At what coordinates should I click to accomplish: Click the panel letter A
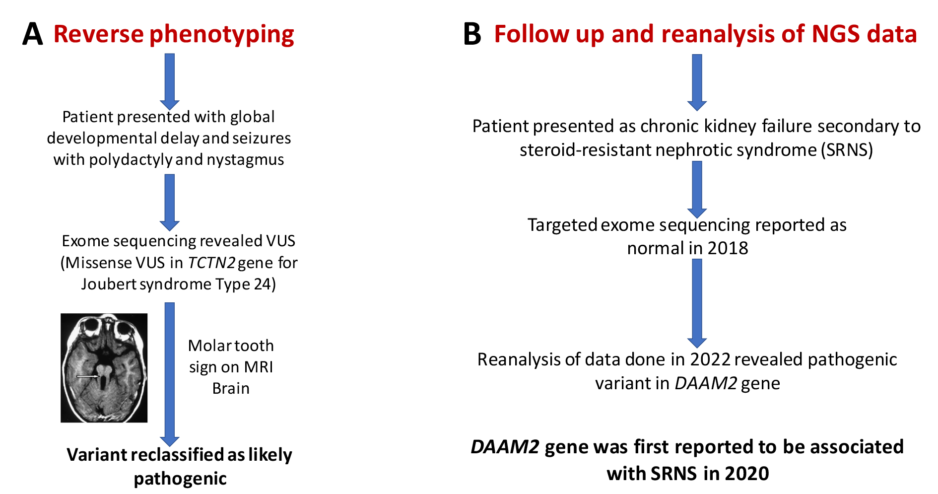coord(33,34)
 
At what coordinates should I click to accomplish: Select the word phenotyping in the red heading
coord(222,35)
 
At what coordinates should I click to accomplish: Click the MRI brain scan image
coord(104,368)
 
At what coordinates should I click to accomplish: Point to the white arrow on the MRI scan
coord(88,376)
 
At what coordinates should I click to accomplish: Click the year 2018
coord(728,248)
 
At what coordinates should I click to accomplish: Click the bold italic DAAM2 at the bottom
coord(505,447)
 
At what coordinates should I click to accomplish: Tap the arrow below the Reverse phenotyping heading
coord(170,81)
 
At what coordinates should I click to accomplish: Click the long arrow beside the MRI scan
coord(170,374)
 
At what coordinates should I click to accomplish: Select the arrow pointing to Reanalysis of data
coord(697,303)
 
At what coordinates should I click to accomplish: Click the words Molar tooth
coord(231,346)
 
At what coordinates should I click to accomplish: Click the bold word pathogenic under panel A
coord(180,479)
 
